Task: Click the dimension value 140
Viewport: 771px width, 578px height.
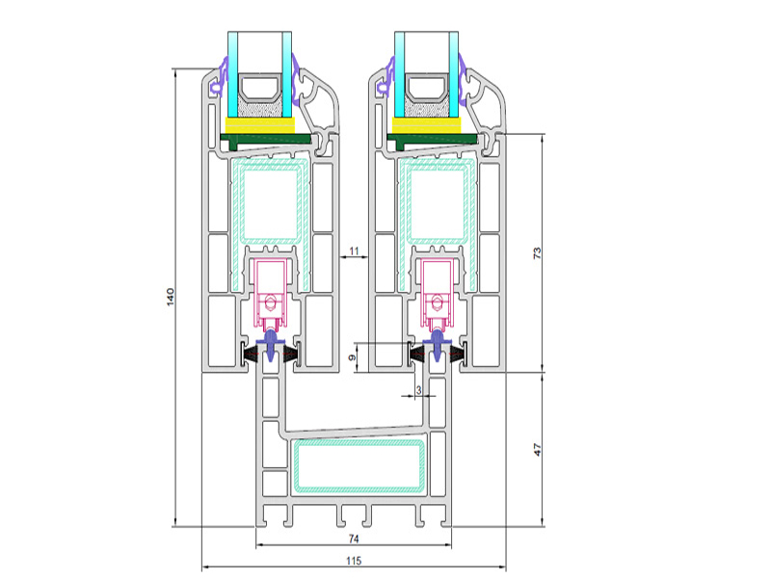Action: click(171, 297)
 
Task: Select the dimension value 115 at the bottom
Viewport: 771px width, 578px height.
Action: click(354, 561)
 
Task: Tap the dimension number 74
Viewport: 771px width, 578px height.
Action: click(354, 539)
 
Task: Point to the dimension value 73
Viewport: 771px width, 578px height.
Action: click(537, 253)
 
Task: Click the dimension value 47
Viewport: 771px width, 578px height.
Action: click(537, 450)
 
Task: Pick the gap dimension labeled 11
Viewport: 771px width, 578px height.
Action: click(354, 251)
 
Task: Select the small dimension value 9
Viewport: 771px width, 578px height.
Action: click(352, 357)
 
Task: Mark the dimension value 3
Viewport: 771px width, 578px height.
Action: click(418, 390)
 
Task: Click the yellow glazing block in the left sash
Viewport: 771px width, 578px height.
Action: click(259, 125)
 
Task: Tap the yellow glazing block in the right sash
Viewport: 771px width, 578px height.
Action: click(427, 125)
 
